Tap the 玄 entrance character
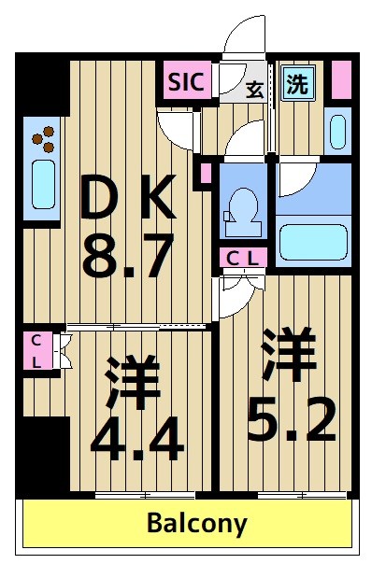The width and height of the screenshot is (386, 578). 254,90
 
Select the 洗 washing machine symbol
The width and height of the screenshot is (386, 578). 296,85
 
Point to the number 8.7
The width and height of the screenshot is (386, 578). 127,257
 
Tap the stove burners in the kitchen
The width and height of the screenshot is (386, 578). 43,140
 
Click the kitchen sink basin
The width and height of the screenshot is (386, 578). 43,185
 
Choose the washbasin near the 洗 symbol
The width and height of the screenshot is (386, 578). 337,130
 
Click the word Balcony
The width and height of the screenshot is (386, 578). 196,524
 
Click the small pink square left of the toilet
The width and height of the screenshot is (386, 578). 206,173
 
